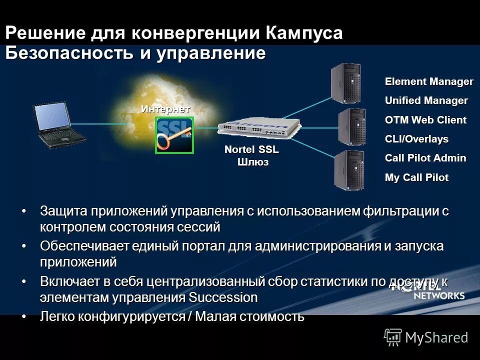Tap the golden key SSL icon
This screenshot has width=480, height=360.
click(174, 135)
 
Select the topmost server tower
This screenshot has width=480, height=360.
click(346, 84)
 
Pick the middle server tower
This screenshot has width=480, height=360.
click(352, 126)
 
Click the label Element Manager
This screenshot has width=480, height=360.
click(428, 81)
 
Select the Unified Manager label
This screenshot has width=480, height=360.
click(426, 100)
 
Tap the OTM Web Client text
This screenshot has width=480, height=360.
click(425, 120)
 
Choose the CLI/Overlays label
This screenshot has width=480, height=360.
click(416, 139)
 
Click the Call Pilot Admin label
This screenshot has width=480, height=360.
click(425, 158)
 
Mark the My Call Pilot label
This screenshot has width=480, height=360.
click(416, 177)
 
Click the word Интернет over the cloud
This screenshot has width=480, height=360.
click(165, 109)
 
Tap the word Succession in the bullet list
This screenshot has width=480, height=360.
click(223, 298)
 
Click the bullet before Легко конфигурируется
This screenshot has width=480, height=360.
click(24, 316)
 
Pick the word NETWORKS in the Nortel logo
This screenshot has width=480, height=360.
click(438, 295)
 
